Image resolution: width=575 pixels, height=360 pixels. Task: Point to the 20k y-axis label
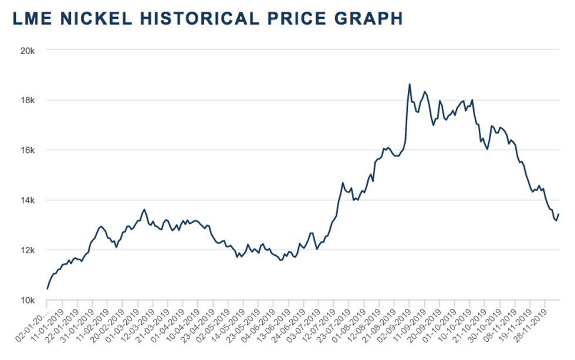pos(28,50)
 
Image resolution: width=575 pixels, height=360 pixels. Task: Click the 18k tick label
pos(28,100)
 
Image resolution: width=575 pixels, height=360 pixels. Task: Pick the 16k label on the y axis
pos(28,150)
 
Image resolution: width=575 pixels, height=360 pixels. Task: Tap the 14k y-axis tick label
pos(28,201)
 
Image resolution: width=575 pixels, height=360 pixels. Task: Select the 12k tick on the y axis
pos(28,250)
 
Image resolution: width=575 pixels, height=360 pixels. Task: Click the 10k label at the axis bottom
pos(28,300)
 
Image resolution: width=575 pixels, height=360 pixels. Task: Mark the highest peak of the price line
pos(410,84)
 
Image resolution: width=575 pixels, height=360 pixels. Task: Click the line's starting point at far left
pos(47,288)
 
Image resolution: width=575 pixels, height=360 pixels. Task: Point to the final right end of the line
pos(559,214)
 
